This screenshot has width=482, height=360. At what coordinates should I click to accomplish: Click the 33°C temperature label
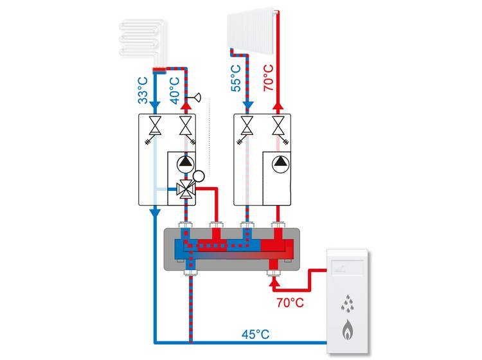click(x=143, y=90)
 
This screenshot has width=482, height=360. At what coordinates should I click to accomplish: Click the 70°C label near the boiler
click(x=287, y=300)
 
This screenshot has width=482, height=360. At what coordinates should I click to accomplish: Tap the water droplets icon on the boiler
click(x=347, y=301)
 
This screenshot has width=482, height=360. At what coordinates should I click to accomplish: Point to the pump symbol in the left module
click(x=185, y=163)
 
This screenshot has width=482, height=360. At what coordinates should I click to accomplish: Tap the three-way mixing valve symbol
click(x=185, y=189)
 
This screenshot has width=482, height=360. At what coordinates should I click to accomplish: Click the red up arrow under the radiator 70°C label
click(x=278, y=105)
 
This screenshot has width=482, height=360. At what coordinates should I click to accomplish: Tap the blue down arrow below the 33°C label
click(x=154, y=104)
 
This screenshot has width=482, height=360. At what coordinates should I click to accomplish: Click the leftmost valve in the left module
click(x=154, y=126)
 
